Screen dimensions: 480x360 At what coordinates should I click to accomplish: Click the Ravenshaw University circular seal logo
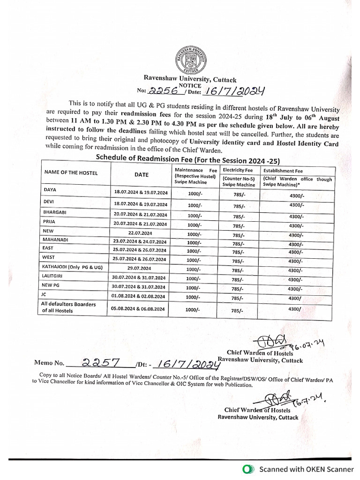click(x=190, y=60)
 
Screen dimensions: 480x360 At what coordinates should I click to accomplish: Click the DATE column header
click(x=141, y=175)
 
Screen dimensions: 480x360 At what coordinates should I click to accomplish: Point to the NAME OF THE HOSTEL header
click(x=71, y=173)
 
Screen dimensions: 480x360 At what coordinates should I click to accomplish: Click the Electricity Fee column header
click(x=238, y=170)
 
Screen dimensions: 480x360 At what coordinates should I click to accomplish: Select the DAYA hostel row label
click(x=50, y=190)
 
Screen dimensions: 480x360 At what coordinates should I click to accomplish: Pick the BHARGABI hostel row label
click(x=55, y=212)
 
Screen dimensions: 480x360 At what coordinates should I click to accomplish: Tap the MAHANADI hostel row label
click(x=56, y=240)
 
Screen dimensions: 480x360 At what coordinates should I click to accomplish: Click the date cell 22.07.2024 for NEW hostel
click(x=140, y=232)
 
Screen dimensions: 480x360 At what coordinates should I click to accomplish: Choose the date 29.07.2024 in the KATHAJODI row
click(x=140, y=269)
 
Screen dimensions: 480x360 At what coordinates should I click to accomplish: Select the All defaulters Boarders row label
click(x=68, y=307)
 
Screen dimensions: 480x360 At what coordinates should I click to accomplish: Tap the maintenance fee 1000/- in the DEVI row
click(x=195, y=205)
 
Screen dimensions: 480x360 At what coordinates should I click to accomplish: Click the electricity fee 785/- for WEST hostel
click(x=238, y=262)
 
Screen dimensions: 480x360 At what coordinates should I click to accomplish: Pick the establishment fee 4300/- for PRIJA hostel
click(x=296, y=225)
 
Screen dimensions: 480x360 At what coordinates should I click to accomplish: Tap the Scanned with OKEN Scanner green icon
click(x=247, y=469)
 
